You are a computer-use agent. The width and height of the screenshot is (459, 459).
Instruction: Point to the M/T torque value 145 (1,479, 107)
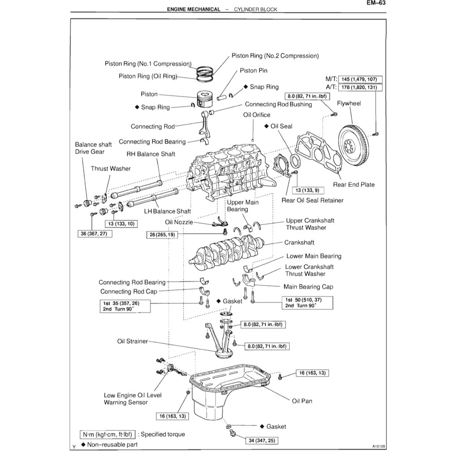click(361, 79)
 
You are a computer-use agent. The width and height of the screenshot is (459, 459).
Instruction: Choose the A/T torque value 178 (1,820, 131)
click(361, 87)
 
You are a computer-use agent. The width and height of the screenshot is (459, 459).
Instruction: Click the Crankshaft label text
click(299, 242)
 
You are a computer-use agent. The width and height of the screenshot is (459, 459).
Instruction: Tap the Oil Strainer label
click(133, 341)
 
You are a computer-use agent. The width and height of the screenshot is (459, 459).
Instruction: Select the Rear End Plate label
click(354, 185)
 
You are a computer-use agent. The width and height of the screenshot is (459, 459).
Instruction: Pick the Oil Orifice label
click(257, 115)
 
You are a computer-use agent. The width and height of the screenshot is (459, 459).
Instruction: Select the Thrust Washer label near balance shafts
click(111, 169)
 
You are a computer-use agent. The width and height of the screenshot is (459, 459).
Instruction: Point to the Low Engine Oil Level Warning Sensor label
click(133, 398)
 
